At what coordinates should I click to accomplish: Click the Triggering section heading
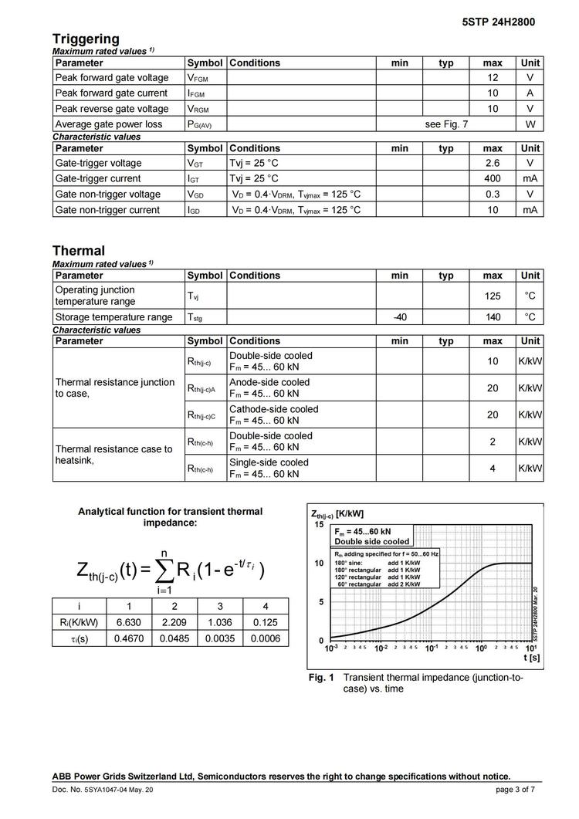click(86, 39)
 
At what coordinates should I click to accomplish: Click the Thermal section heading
click(79, 251)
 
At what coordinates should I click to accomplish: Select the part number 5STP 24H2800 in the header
click(499, 22)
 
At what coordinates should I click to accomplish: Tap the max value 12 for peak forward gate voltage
click(493, 78)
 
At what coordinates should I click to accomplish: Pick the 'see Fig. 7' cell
click(446, 124)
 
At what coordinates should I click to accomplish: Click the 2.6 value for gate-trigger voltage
click(493, 164)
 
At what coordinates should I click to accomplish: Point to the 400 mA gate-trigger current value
click(493, 179)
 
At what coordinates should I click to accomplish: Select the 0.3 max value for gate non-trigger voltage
click(493, 195)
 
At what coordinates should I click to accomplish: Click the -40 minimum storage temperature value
click(400, 317)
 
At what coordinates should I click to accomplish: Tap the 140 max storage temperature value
click(493, 317)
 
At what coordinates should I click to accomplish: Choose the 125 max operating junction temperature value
click(493, 296)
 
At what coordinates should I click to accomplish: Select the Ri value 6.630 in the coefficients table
click(128, 623)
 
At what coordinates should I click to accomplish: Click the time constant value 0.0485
click(174, 638)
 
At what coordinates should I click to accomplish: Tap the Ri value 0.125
click(266, 623)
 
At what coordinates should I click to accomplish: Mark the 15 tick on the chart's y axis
click(318, 525)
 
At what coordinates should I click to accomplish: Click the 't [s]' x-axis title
click(530, 658)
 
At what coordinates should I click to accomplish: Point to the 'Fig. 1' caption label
click(321, 678)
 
